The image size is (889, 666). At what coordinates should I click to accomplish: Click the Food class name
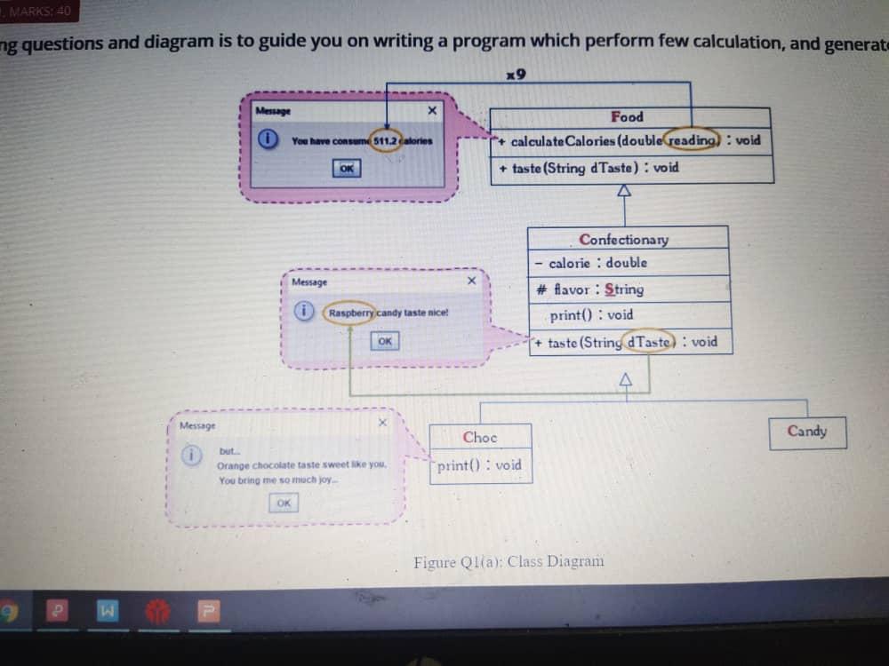click(627, 117)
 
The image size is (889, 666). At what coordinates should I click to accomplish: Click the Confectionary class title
click(623, 240)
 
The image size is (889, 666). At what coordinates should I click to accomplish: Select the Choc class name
click(480, 437)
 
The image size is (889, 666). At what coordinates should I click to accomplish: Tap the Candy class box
click(806, 432)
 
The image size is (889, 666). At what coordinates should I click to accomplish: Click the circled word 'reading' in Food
click(693, 140)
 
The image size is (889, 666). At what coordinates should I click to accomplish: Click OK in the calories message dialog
click(347, 168)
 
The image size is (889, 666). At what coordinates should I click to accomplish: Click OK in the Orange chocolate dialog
click(283, 503)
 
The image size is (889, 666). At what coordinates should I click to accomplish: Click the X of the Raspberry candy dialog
click(472, 281)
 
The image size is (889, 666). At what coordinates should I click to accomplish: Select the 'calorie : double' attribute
click(597, 263)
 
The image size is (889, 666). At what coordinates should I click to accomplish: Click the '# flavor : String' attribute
click(590, 289)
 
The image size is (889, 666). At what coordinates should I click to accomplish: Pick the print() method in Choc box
click(480, 465)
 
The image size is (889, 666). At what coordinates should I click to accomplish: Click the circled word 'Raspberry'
click(350, 313)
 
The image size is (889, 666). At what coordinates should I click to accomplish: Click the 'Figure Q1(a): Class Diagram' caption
click(509, 561)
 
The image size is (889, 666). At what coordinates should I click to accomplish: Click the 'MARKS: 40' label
click(41, 12)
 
